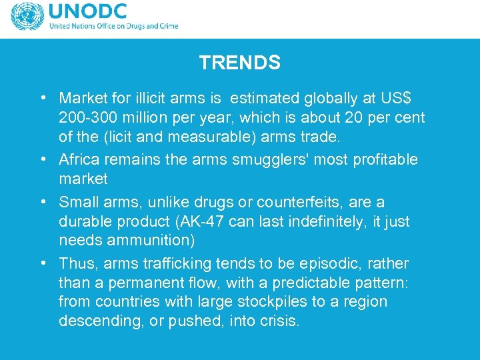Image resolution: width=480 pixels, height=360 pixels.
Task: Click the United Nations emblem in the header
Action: tap(26, 17)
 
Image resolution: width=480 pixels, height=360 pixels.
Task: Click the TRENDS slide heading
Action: tap(239, 63)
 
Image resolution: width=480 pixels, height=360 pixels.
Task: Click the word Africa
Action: tap(78, 160)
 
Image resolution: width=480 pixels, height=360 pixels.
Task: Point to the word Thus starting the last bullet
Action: tap(74, 263)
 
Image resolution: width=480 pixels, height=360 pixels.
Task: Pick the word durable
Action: tap(83, 221)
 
